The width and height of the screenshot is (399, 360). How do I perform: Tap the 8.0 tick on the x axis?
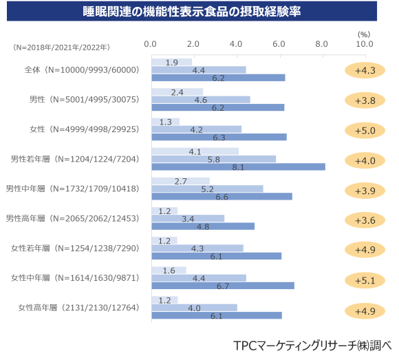tap(321, 43)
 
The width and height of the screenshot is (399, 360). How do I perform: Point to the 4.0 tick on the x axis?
tap(236, 43)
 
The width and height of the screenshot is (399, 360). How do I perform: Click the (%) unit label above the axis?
tap(364, 33)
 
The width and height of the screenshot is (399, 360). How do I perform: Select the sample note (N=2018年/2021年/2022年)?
tap(61, 47)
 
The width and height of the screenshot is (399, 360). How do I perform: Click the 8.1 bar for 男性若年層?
tap(238, 167)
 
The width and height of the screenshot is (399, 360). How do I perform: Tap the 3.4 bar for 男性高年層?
tap(188, 219)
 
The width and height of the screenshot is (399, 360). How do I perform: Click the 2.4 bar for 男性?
tap(177, 92)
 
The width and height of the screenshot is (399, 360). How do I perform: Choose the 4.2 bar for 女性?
tap(196, 129)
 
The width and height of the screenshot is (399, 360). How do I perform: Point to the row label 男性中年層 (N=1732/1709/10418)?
tap(73, 189)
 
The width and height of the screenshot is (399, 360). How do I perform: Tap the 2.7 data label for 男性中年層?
tap(182, 181)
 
